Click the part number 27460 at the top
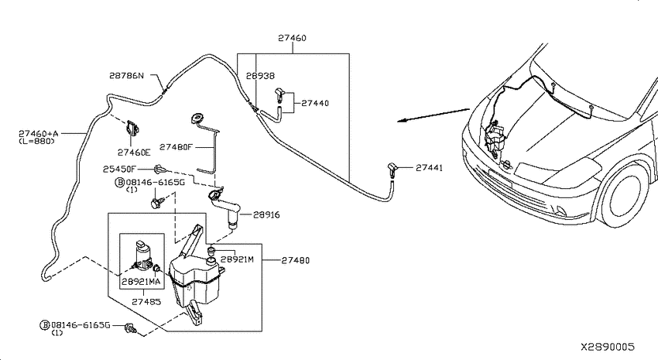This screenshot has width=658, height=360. (x=292, y=38)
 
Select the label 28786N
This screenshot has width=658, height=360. (x=126, y=76)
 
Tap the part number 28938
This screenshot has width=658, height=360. (x=260, y=76)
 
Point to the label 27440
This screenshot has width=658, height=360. (x=315, y=103)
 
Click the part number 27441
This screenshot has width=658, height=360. (x=430, y=168)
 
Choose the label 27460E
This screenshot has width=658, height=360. (x=134, y=153)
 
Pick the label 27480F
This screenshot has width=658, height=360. (x=176, y=147)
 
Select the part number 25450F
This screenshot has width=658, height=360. (x=119, y=169)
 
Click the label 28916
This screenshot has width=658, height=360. (x=266, y=214)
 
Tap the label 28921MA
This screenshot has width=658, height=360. (x=141, y=282)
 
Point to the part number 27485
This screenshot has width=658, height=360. (x=146, y=302)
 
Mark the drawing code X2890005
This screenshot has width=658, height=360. (x=608, y=347)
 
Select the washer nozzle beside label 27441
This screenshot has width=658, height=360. (x=392, y=170)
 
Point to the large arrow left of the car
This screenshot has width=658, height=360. (x=433, y=115)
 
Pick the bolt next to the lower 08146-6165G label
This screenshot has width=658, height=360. (x=131, y=328)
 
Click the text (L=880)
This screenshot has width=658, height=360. (x=36, y=142)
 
